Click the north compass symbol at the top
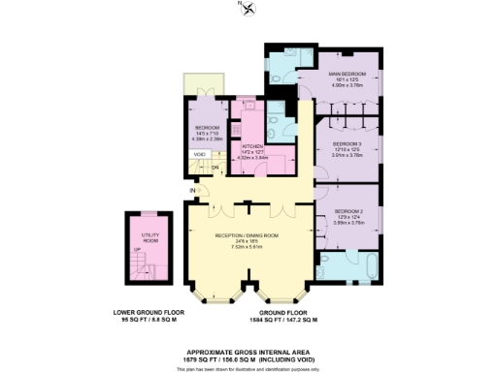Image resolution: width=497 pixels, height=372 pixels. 249,9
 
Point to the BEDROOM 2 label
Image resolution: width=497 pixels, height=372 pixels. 349,211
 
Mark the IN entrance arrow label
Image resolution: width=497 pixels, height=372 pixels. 193,191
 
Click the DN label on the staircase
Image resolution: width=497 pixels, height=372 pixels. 215,166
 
